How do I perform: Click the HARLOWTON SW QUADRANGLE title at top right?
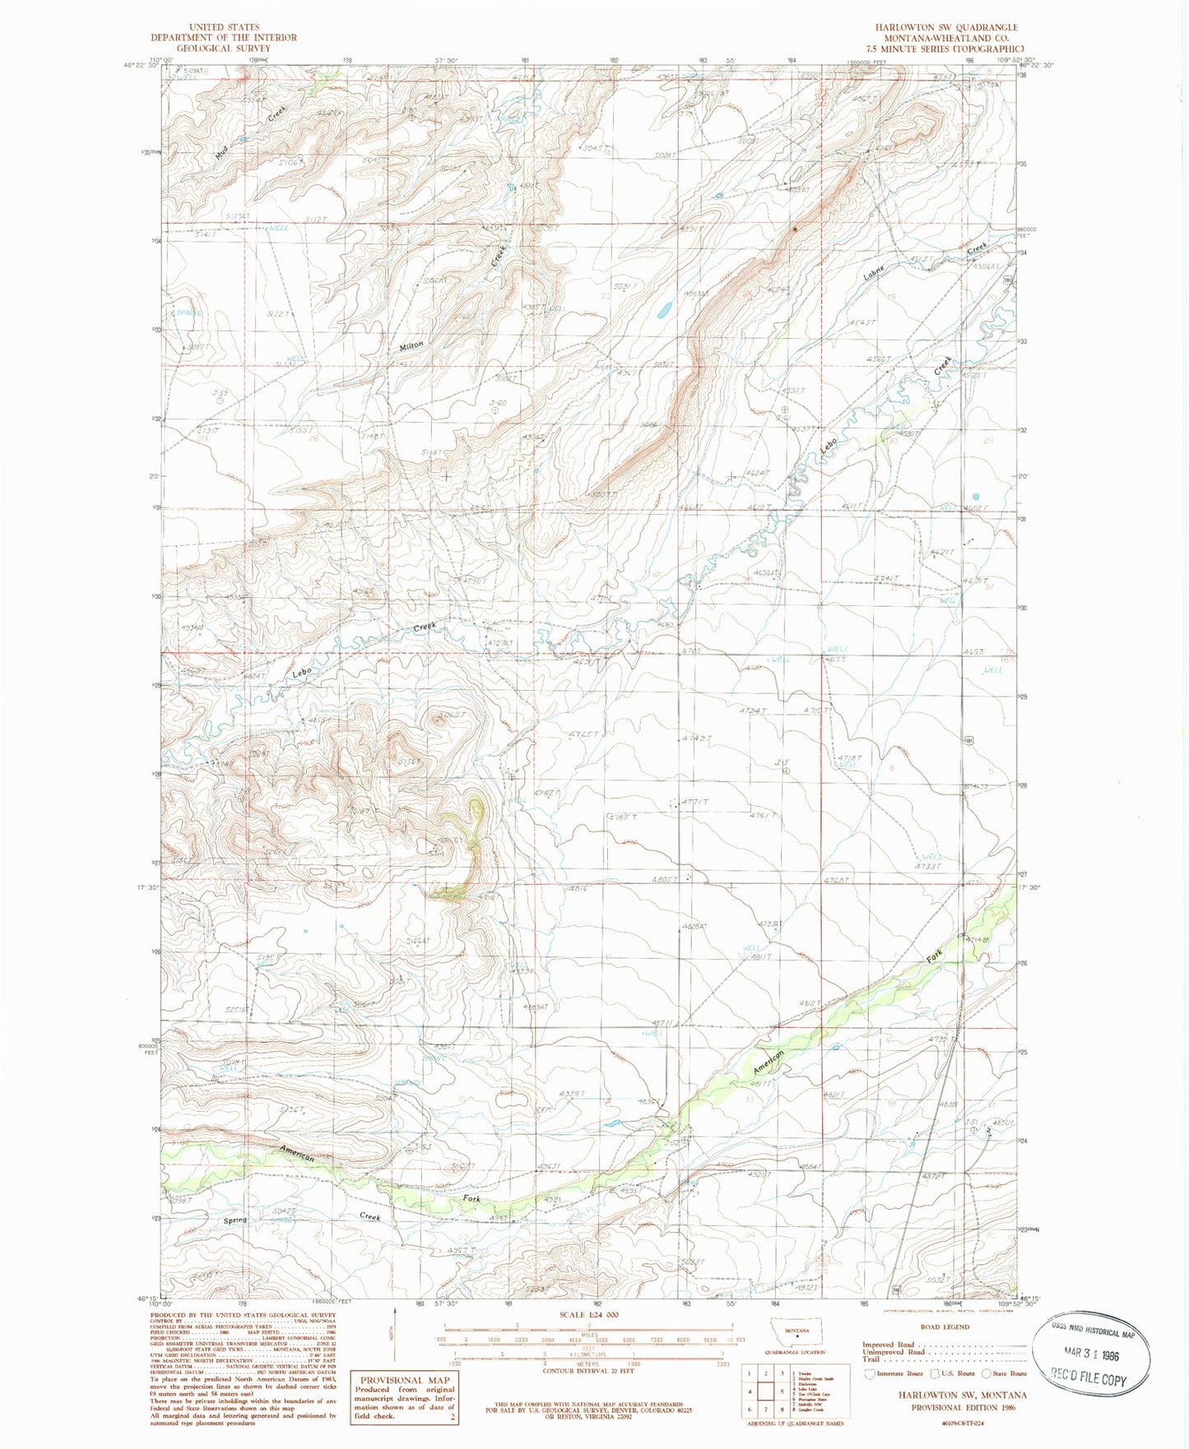click(946, 27)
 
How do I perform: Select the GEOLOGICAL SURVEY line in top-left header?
click(223, 48)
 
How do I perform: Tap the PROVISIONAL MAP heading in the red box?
click(404, 1380)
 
